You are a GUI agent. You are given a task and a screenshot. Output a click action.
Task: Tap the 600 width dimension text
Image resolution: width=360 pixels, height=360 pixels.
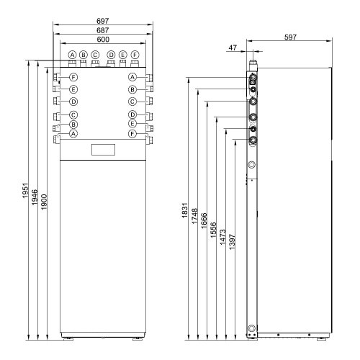tap(104, 42)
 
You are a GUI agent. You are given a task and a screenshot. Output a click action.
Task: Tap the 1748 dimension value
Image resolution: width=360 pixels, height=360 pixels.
tap(195, 219)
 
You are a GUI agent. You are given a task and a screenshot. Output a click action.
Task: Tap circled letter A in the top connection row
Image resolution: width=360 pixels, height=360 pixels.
tap(72, 55)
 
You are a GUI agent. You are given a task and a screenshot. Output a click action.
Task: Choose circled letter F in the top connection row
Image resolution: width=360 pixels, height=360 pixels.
tap(135, 55)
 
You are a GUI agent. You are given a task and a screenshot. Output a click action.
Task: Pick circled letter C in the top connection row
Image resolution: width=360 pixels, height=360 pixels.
tap(95, 55)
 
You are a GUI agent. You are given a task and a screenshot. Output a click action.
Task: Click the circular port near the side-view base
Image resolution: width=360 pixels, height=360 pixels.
tap(251, 329)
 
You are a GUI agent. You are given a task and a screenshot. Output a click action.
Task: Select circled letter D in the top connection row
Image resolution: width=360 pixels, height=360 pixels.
tap(111, 55)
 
